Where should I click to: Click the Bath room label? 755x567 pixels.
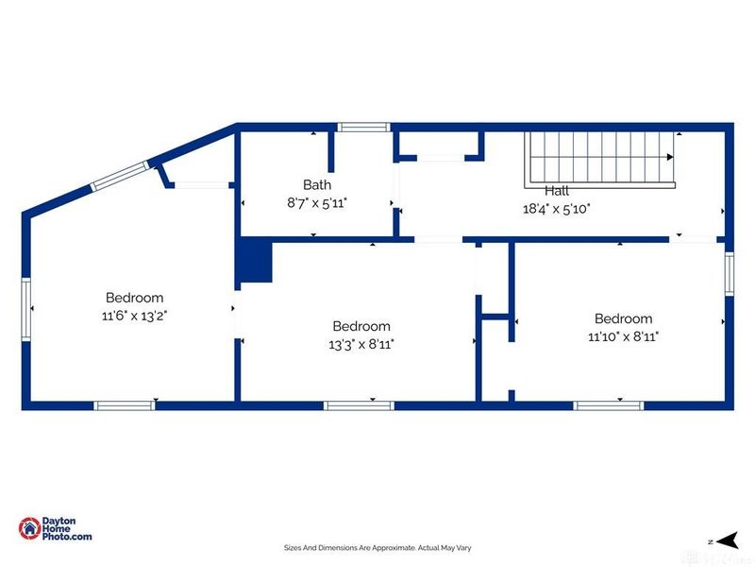coord(317,185)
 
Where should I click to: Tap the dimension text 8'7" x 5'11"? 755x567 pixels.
coord(317,202)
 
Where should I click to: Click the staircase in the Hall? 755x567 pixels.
coord(601,157)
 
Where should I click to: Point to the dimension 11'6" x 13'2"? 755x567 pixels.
coord(134,316)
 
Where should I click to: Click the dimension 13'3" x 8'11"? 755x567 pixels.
coord(361,345)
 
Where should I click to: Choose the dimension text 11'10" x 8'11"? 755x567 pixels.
coord(623,335)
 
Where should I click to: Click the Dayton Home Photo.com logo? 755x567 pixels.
coord(56,529)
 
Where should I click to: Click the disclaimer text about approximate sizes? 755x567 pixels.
coord(377,547)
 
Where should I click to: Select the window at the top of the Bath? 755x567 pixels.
coord(365,127)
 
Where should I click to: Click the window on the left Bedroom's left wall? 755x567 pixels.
coord(26,308)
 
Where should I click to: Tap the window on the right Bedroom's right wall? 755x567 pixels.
coord(730,274)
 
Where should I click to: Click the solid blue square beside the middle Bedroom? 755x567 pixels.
coord(253,261)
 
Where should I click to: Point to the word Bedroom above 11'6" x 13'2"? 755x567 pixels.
coord(134,298)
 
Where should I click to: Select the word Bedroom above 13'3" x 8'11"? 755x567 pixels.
coord(361,327)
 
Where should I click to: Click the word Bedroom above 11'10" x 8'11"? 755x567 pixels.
coord(623,318)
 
